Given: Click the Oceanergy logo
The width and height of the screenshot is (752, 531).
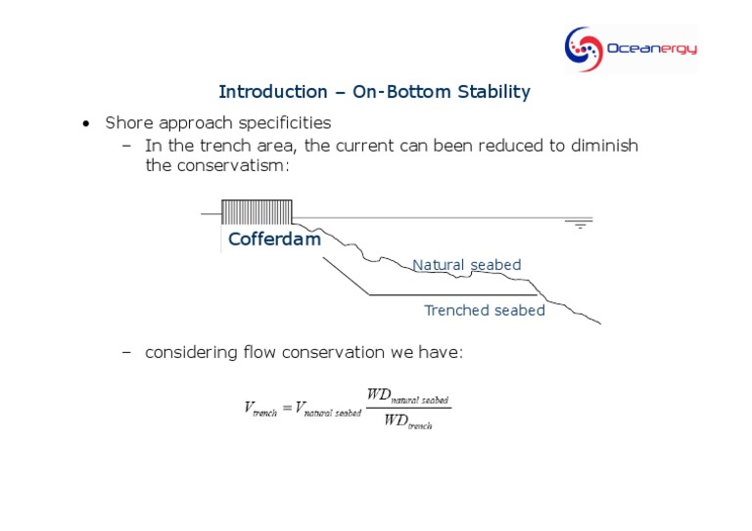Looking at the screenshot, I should point(630,48).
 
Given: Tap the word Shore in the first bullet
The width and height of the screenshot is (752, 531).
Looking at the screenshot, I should point(127,123).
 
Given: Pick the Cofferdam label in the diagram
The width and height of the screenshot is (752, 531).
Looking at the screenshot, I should point(274,240).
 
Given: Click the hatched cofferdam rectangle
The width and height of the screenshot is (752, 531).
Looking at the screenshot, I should point(257,212).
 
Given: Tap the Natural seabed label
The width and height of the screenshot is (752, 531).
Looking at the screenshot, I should point(466,265).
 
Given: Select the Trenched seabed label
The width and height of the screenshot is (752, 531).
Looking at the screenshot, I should point(484,310).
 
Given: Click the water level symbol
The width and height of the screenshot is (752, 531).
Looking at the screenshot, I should point(581,224).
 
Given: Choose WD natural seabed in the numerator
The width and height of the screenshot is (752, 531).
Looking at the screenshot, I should point(407,395).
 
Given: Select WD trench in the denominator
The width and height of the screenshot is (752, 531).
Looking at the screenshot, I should point(408,421).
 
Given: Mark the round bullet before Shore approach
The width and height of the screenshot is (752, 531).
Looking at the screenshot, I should point(86,124).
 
